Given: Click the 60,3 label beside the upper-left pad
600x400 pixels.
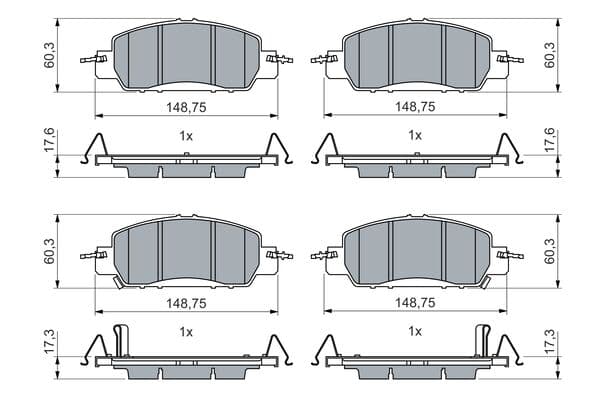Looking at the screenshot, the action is point(50,55).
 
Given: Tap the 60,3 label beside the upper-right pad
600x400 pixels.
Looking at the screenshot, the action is point(549,55).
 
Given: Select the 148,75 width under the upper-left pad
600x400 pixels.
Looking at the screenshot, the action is point(186,108).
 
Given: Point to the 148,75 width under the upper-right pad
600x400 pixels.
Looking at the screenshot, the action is point(415,107).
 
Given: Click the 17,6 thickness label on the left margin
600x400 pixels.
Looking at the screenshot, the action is point(50,140).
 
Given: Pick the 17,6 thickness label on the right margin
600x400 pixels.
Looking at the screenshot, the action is point(549,140).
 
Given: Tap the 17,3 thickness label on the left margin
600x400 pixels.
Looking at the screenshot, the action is point(50,343).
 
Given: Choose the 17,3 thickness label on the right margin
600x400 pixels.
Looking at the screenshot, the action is point(549,342).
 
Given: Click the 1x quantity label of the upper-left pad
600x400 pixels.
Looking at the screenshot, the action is point(186,136).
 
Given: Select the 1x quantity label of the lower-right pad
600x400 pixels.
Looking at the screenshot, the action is point(415,331).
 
